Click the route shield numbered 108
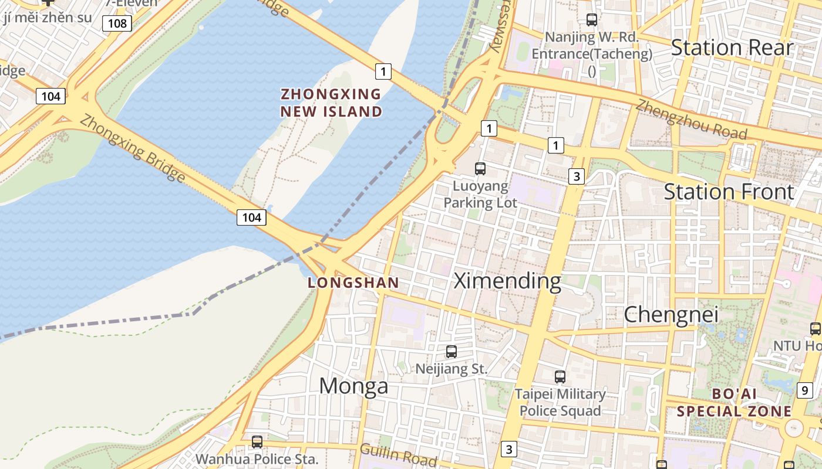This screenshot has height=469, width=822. tap(117, 23)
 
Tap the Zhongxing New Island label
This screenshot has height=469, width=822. tap(331, 103)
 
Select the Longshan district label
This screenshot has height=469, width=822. tap(353, 283)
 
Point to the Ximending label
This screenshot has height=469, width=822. tap(508, 281)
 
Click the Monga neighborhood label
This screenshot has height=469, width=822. tap(353, 386)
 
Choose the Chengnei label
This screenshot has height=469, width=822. tap(671, 315)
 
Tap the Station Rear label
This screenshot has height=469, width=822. tap(732, 47)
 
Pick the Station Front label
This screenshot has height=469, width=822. tap(728, 192)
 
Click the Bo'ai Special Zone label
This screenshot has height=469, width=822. tap(734, 402)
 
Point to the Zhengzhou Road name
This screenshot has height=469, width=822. tap(691, 120)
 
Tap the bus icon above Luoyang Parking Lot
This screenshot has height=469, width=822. tap(480, 169)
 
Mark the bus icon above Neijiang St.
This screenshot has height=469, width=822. tap(451, 352)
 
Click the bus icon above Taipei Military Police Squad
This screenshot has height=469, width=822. tap(560, 377)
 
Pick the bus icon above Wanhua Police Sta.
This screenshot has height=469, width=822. tap(257, 442)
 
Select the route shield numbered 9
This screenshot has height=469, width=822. tap(805, 389)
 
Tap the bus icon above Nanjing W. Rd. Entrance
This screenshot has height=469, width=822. tap(591, 20)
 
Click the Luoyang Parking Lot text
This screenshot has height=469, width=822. tap(480, 195)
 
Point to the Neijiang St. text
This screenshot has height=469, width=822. tap(451, 369)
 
